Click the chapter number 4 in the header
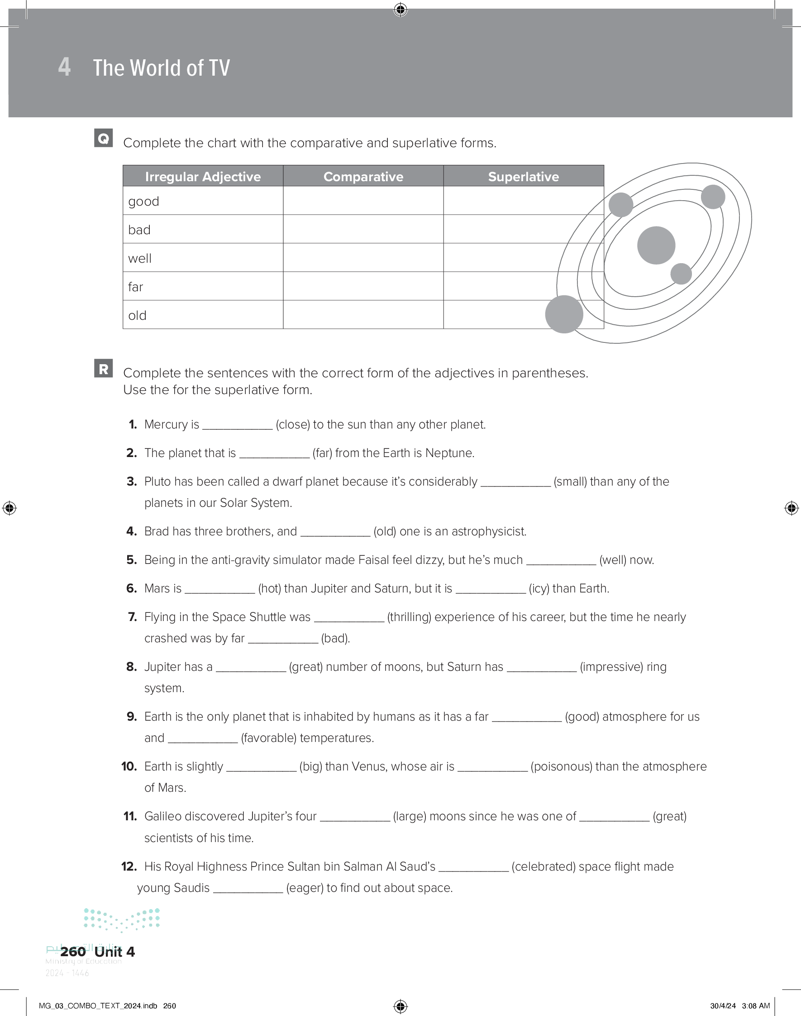point(64,67)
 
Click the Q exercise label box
point(103,138)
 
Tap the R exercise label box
point(103,368)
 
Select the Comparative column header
point(363,177)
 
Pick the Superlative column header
point(524,177)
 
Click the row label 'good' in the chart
point(143,201)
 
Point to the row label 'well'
point(140,259)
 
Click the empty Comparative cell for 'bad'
point(363,229)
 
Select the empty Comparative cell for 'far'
point(363,286)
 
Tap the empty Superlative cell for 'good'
point(524,201)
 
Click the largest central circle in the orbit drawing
point(656,245)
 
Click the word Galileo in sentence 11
point(163,817)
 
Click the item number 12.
point(129,867)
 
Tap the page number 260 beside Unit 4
point(73,952)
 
